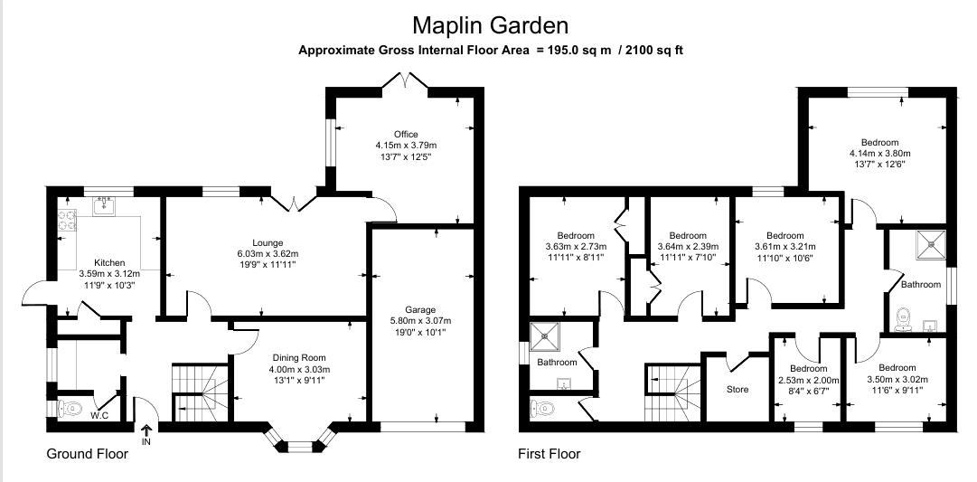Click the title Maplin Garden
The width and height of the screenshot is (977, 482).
point(491,24)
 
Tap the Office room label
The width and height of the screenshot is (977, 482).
point(406,135)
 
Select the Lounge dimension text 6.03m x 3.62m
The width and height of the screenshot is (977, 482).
point(268,254)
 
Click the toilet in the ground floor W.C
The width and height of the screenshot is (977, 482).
point(70,409)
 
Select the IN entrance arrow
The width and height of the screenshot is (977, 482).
point(146,432)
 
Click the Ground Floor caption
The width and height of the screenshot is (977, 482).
point(87,454)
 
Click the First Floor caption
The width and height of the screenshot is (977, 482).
point(549,454)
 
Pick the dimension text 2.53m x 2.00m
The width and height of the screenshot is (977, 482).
point(808,381)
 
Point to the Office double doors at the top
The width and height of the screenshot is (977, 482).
point(405,84)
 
